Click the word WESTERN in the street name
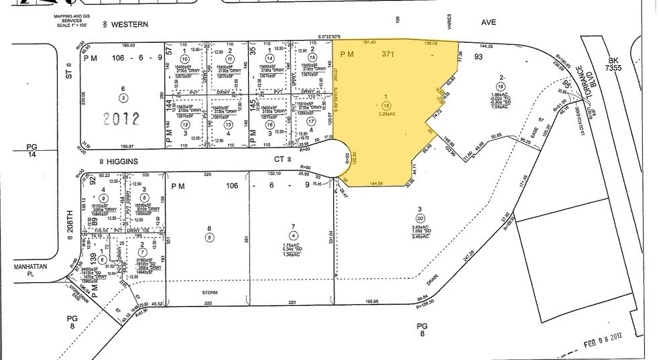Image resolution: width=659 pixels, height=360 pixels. click(x=129, y=23)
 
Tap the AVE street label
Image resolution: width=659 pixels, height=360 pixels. click(x=489, y=22)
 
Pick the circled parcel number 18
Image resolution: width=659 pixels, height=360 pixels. click(x=386, y=105)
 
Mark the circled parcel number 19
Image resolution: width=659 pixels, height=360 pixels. click(x=500, y=86)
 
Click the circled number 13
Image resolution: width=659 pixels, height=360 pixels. click(x=229, y=125)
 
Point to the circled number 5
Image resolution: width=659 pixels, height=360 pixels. click(x=209, y=237)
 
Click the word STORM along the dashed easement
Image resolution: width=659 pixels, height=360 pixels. click(x=210, y=292)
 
